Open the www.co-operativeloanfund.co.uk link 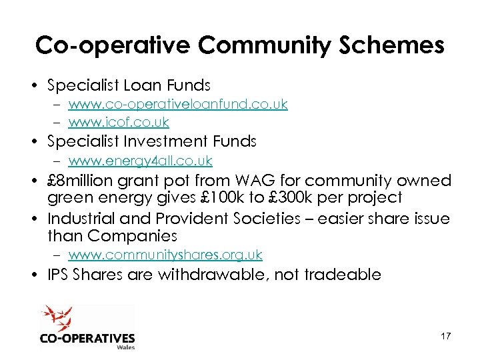(x=178, y=104)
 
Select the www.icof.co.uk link (x=119, y=122)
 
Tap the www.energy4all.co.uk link (x=140, y=161)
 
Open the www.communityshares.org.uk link (x=165, y=255)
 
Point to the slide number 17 (x=445, y=336)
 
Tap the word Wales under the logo (x=125, y=347)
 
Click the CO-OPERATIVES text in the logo (x=87, y=338)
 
